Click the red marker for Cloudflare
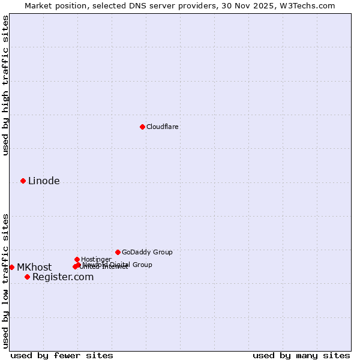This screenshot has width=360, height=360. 142,127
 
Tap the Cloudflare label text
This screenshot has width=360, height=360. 163,127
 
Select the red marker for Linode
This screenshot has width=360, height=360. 23,181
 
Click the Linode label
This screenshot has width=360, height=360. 44,181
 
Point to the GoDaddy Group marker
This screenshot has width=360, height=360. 118,252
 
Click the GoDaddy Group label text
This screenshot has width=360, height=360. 147,253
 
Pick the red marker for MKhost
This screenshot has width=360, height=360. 11,267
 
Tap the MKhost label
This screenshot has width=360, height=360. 34,268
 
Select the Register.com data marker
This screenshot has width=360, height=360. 27,277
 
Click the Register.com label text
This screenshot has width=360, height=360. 63,277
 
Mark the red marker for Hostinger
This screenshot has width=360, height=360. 77,259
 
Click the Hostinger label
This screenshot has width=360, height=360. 96,260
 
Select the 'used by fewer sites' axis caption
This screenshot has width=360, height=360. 62,356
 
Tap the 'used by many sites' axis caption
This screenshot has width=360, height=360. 301,356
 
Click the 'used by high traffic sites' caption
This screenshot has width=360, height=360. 6,85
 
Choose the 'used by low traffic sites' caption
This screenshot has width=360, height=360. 6,281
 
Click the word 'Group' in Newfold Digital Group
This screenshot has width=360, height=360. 142,265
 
